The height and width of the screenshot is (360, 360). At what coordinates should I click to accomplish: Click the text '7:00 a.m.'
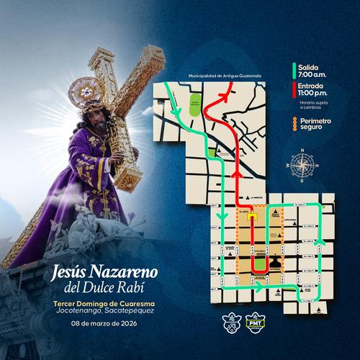click(313, 76)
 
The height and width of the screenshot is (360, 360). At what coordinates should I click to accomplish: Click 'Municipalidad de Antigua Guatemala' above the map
click(225, 75)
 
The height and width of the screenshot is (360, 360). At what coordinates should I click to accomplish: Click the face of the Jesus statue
click(92, 117)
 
